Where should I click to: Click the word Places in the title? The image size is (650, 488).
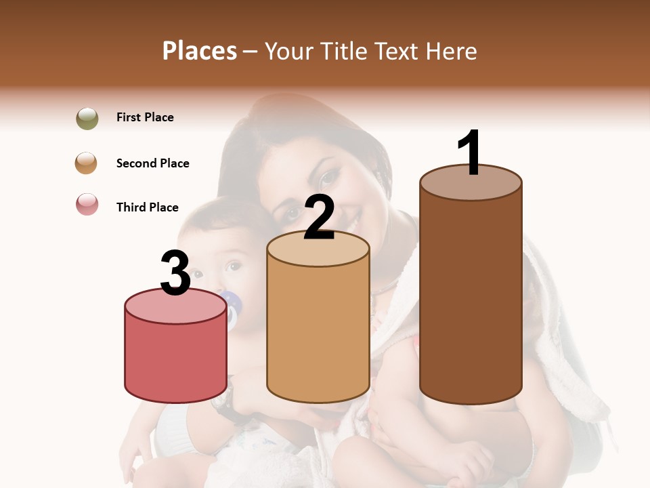200,51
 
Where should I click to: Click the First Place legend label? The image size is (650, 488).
145,117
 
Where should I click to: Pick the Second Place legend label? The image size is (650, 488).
152,163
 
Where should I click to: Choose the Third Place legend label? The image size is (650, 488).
147,207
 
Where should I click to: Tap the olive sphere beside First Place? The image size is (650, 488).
87,119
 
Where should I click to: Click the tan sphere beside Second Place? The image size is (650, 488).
87,163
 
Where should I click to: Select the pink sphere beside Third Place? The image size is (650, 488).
87,204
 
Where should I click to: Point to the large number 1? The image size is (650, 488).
470,152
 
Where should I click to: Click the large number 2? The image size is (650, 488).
320,218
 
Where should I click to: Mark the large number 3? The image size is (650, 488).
176,274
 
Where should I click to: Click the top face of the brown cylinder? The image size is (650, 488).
471,184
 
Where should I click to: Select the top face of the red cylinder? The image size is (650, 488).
176,307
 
